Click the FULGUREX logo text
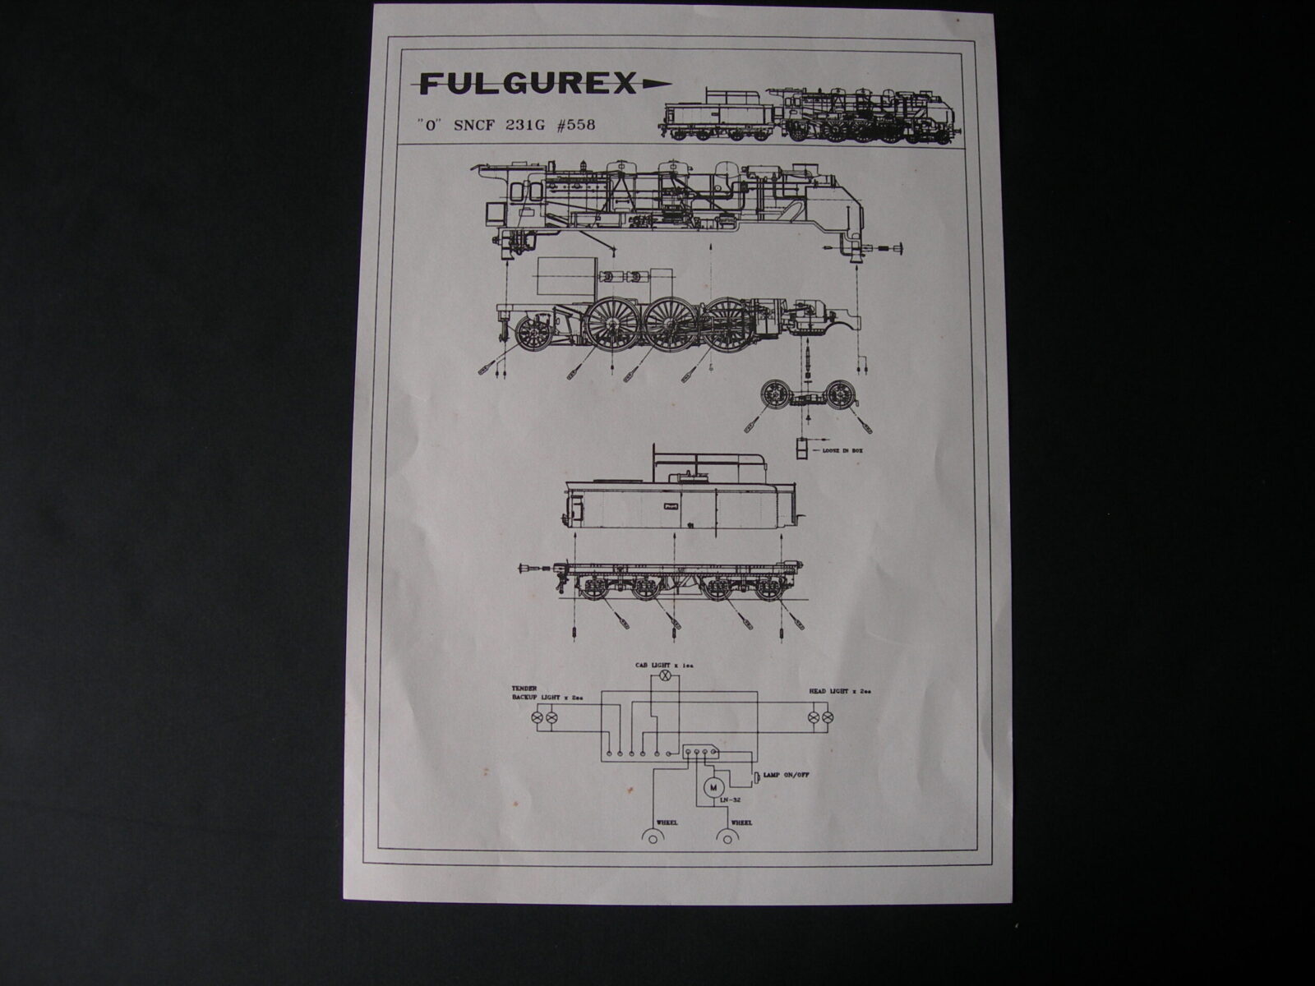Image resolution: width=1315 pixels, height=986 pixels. tap(527, 83)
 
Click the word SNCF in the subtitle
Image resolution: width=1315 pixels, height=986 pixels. tap(472, 126)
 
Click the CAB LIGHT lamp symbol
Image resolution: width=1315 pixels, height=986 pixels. tap(667, 675)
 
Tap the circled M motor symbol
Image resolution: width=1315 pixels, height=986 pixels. tap(708, 786)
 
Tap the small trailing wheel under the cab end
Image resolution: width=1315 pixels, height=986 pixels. tap(533, 333)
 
